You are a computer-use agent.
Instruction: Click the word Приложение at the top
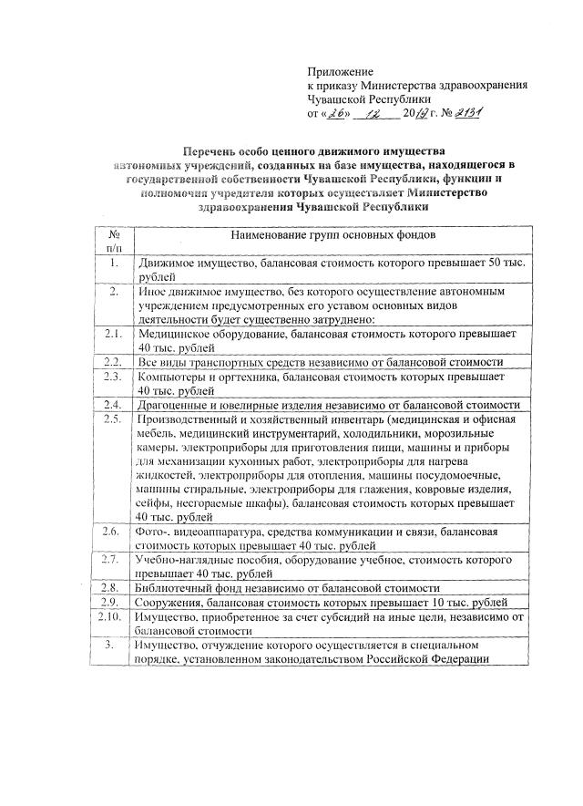click(x=341, y=71)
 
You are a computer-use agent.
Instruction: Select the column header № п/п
click(x=115, y=241)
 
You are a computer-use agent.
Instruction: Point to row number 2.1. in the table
click(x=114, y=335)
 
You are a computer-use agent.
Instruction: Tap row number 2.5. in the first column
click(x=114, y=418)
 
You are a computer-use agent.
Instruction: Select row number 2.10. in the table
click(x=113, y=616)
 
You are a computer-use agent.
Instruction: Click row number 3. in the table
click(x=114, y=645)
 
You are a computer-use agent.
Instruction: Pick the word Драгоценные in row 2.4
click(x=172, y=404)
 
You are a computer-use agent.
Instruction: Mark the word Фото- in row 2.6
click(x=151, y=532)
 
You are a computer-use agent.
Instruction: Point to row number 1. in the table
click(x=114, y=263)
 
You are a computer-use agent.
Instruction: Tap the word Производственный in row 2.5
click(x=187, y=418)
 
